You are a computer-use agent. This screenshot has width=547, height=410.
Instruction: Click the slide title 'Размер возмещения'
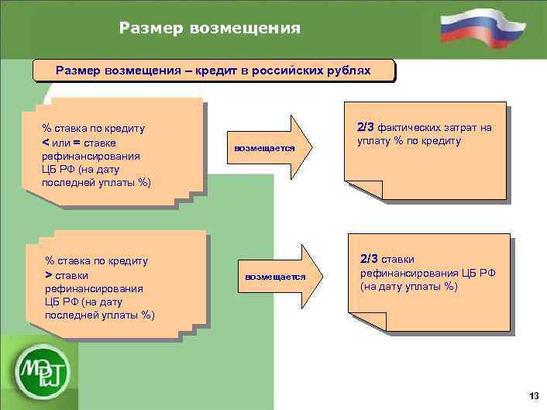pos(209,29)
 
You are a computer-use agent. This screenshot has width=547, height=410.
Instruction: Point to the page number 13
pos(533,396)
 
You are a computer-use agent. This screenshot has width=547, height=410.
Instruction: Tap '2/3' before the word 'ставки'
pos(370,259)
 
